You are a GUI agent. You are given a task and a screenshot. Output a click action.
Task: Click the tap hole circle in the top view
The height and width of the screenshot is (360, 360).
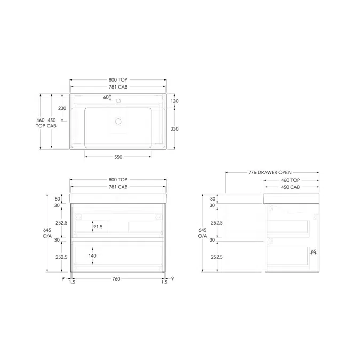(x=118, y=101)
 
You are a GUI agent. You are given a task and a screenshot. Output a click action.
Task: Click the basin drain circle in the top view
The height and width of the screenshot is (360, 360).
(x=118, y=121)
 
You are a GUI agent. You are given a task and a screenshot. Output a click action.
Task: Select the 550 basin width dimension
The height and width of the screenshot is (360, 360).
(x=118, y=157)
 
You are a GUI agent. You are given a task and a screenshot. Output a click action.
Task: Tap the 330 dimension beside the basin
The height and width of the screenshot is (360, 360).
(x=174, y=129)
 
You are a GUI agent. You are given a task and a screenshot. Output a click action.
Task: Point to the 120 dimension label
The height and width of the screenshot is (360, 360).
(x=174, y=101)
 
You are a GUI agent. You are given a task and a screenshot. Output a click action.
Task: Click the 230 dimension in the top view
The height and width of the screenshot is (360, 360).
(x=62, y=108)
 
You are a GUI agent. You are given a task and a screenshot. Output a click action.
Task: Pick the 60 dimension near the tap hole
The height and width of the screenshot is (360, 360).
(x=106, y=97)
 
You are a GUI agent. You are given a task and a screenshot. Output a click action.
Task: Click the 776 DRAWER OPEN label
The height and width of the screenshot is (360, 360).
(x=270, y=172)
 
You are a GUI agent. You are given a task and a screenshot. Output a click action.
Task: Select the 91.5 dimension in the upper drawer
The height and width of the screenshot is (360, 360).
(x=98, y=227)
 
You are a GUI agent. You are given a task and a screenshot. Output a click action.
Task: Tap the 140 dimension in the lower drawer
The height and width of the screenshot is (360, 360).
(x=92, y=256)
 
